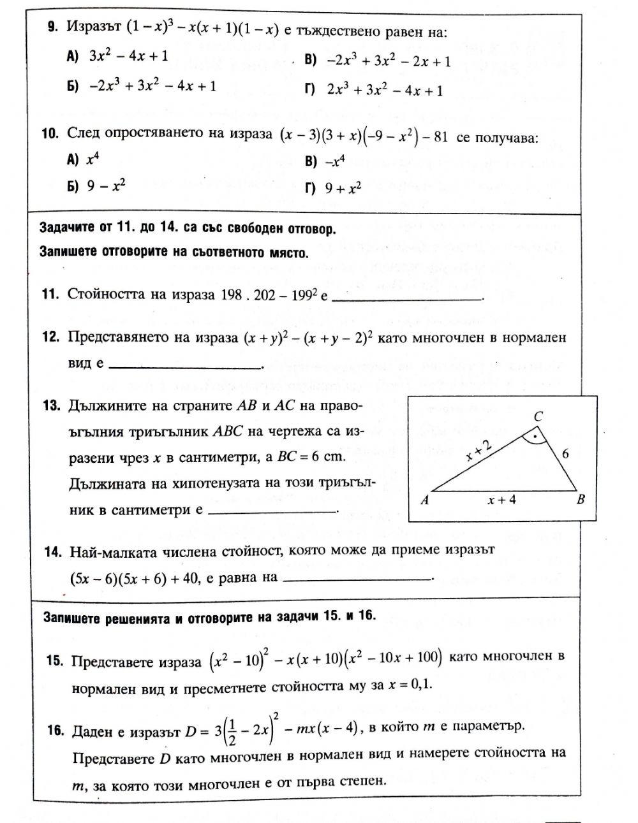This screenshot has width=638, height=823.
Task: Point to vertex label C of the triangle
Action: click(x=538, y=417)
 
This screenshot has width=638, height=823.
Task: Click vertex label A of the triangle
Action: click(x=424, y=500)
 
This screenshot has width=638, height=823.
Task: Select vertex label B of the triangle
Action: click(x=581, y=500)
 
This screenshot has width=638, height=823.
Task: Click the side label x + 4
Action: click(x=501, y=500)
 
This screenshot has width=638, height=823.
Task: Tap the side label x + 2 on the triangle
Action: click(x=478, y=451)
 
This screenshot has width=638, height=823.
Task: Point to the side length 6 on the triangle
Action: click(x=564, y=454)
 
